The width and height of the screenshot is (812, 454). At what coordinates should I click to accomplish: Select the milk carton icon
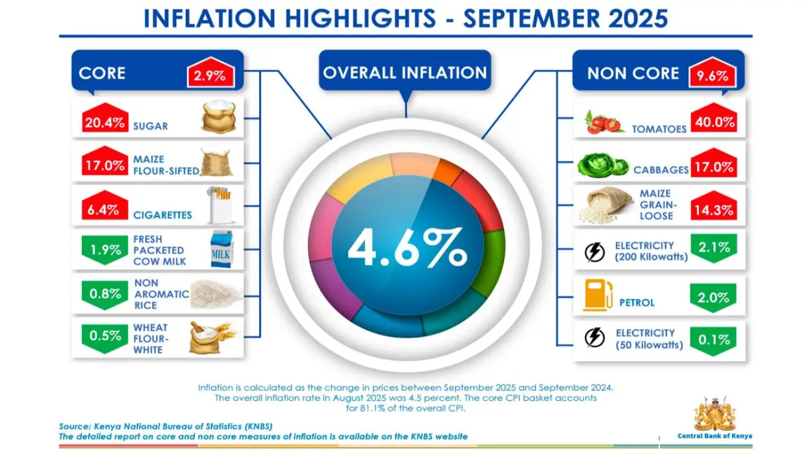tap(221, 250)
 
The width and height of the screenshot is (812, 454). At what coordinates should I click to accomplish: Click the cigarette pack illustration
tap(220, 204)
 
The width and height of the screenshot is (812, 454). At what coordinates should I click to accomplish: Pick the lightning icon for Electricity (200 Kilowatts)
tap(594, 252)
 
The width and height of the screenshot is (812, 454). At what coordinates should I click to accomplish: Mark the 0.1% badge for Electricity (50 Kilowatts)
tap(713, 339)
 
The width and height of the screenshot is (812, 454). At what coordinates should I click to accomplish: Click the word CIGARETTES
tap(162, 215)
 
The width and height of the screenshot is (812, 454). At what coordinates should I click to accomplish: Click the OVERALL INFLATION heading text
tap(404, 73)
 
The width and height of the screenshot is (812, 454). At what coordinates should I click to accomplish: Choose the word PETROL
tap(637, 303)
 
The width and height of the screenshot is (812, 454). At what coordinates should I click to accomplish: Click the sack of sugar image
tap(221, 117)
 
